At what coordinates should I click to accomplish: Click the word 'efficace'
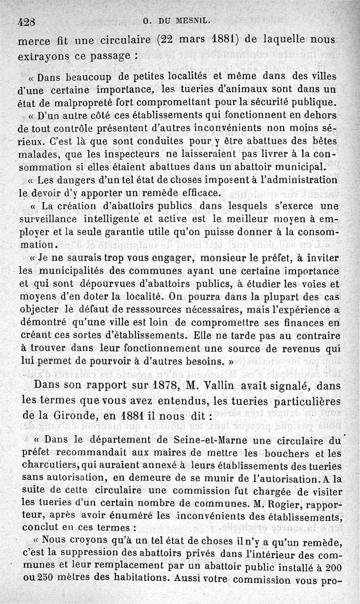[199, 194]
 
